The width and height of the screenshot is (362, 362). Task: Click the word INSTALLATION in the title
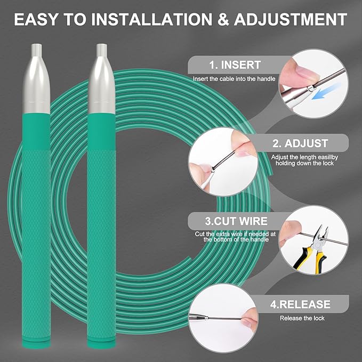click(152, 19)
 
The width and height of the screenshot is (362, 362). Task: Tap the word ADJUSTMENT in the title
click(291, 19)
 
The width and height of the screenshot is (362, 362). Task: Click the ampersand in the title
click(223, 19)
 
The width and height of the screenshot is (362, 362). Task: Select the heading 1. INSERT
click(235, 65)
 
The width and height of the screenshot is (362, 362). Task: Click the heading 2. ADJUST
click(300, 143)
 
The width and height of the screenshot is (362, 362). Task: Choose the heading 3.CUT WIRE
click(236, 221)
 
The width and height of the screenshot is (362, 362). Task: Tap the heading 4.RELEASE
click(300, 304)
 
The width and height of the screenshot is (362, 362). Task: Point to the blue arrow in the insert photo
click(326, 92)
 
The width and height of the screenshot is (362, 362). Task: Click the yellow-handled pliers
click(312, 250)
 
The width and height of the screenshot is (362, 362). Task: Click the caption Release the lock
click(302, 318)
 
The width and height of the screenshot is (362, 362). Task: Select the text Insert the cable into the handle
click(234, 79)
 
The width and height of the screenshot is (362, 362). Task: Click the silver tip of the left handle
click(36, 78)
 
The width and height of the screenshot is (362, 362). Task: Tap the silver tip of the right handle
click(102, 78)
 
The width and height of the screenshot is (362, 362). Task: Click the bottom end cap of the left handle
click(36, 342)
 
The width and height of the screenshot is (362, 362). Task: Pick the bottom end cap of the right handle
click(101, 342)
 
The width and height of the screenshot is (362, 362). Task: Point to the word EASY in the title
click(35, 19)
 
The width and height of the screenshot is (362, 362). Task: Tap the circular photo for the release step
click(223, 318)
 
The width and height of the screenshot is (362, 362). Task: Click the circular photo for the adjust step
click(223, 162)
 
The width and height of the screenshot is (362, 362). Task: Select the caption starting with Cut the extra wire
click(236, 237)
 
